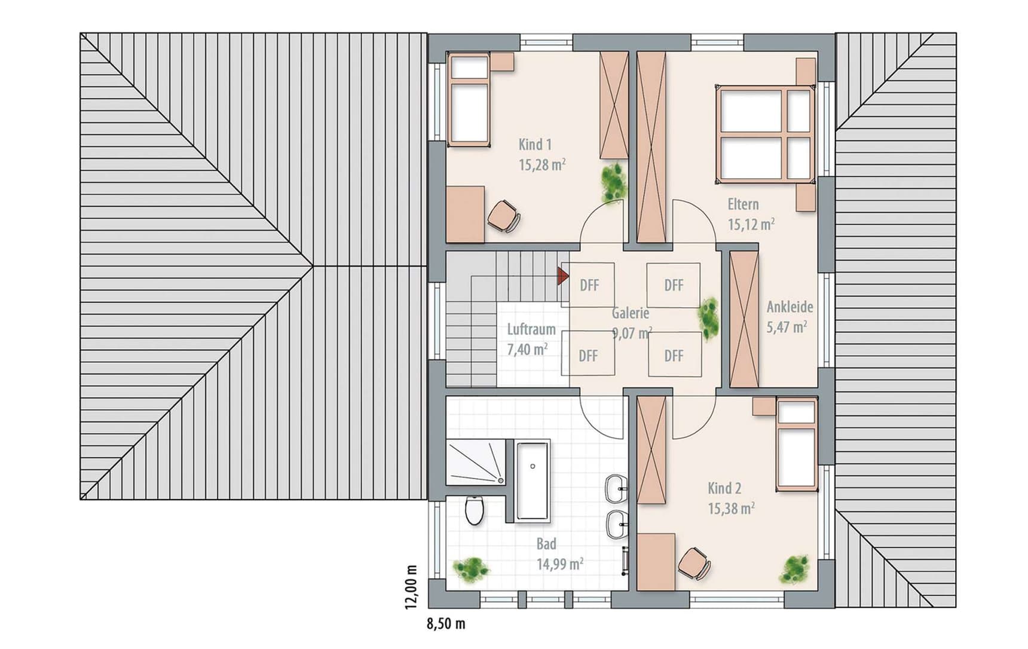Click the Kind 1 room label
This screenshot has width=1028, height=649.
point(535,145)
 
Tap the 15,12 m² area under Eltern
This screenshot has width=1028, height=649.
point(751,224)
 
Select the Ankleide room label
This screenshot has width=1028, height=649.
point(790,307)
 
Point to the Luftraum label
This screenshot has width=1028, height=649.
point(531,329)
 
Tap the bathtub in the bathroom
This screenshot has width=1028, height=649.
point(532,481)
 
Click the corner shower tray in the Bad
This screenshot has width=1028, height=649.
point(476,463)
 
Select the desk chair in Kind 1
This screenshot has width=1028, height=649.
point(504,215)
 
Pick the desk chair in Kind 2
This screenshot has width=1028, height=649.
point(694,563)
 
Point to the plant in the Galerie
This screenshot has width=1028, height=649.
point(709,318)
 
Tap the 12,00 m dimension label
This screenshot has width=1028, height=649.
point(411,587)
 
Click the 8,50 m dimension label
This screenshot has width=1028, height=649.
point(446,624)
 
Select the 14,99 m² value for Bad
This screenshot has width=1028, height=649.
point(559,564)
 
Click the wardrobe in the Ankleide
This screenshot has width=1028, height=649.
point(744,320)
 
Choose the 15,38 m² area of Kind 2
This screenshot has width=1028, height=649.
point(731,509)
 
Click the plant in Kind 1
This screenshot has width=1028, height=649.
point(614,182)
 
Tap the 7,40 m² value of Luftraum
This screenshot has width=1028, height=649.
point(527,349)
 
